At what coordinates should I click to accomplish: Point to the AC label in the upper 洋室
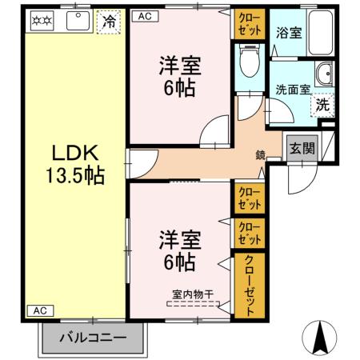click(145, 15)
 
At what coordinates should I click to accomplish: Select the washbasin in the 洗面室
click(325, 75)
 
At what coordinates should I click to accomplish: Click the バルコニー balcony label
click(93, 337)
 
